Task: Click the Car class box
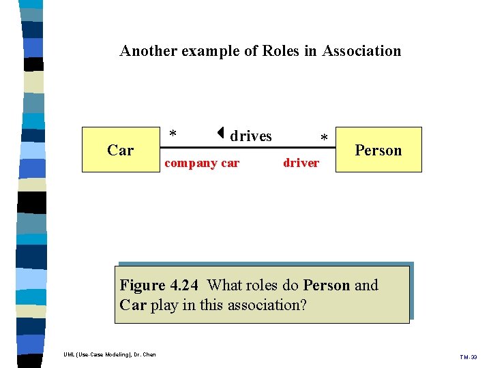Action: point(120,149)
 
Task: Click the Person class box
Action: point(378,149)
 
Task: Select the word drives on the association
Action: point(251,136)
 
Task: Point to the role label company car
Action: point(203,163)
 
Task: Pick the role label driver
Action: point(301,163)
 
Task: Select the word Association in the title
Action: point(361,50)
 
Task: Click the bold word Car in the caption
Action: point(133,305)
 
